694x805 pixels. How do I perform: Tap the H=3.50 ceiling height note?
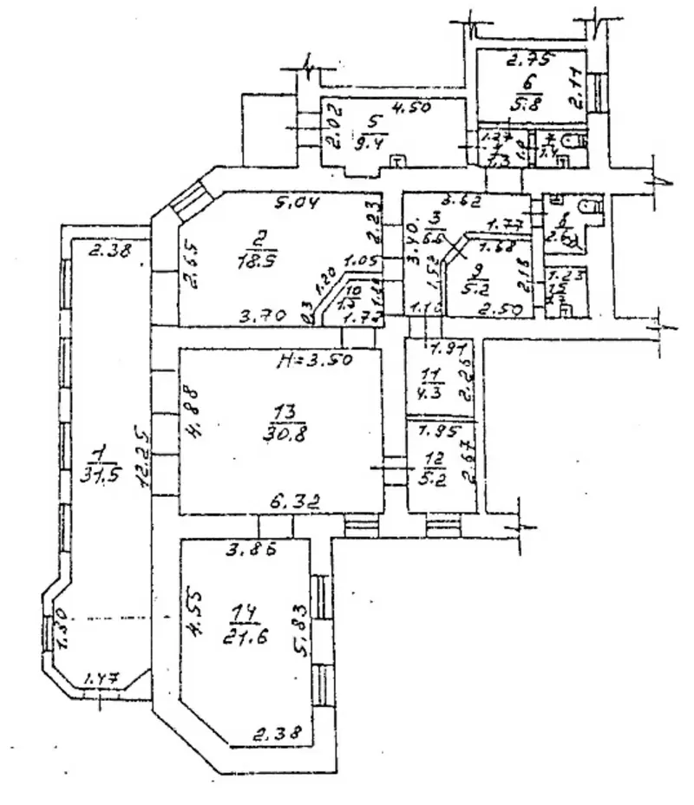tap(313, 362)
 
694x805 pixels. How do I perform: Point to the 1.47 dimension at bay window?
tap(101, 679)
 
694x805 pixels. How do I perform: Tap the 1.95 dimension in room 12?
tap(434, 431)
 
